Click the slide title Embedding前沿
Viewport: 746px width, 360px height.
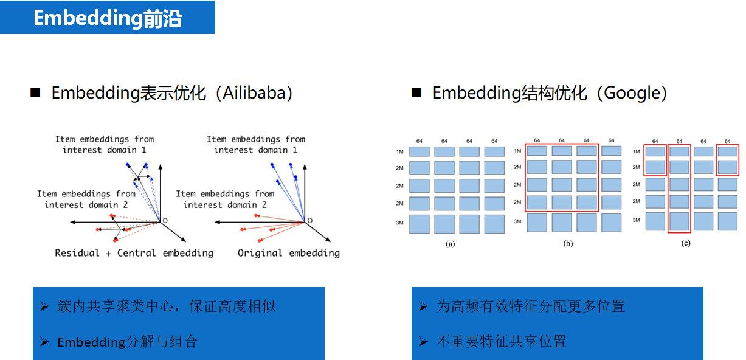click(108, 18)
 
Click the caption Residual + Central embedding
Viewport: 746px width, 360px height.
click(134, 253)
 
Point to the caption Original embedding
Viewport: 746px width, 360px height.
click(288, 253)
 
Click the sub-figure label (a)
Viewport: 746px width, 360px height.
click(451, 243)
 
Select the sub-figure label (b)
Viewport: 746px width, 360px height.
click(568, 243)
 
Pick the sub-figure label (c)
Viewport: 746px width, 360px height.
click(686, 243)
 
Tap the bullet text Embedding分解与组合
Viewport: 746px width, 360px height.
click(127, 342)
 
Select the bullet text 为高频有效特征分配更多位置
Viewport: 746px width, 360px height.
click(530, 306)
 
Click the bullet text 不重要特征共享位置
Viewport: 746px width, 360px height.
click(501, 342)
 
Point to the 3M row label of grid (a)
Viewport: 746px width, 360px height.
click(400, 223)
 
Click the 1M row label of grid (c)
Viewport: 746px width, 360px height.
click(636, 151)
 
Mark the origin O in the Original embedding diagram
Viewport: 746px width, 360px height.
click(309, 220)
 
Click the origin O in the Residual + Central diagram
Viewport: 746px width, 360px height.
click(164, 220)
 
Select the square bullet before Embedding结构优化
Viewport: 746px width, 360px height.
click(416, 93)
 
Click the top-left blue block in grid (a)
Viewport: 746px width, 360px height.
click(420, 151)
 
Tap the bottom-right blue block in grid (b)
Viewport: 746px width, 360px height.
click(611, 223)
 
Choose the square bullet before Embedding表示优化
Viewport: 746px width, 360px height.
click(35, 93)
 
